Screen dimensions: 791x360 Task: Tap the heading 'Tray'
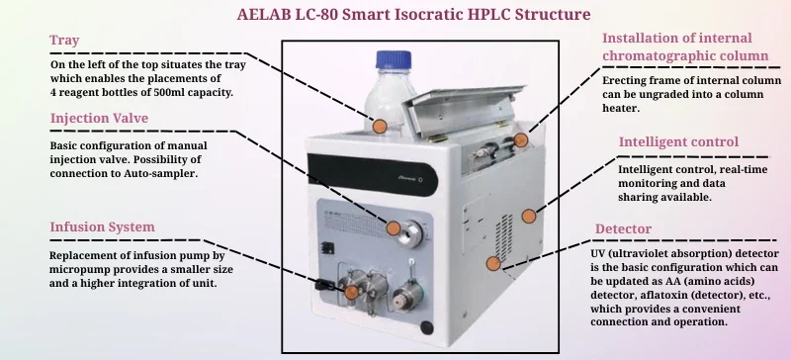[x=64, y=41]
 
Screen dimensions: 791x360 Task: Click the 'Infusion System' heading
[x=102, y=227]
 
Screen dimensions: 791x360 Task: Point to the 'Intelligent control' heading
[x=678, y=141]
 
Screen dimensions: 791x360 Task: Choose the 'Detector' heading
[x=623, y=229]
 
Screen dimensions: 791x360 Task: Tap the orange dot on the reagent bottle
[x=380, y=126]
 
